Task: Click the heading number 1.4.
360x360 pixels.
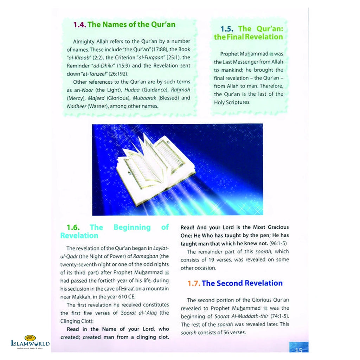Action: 79,25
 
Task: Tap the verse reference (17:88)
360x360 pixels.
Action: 160,50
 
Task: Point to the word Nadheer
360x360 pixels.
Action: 77,106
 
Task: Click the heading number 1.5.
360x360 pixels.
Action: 227,29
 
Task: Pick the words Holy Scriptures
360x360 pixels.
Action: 232,102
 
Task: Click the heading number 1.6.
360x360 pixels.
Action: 75,227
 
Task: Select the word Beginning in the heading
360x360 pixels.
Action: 132,227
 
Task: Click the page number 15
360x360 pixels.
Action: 299,349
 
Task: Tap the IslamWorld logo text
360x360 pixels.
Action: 30,343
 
